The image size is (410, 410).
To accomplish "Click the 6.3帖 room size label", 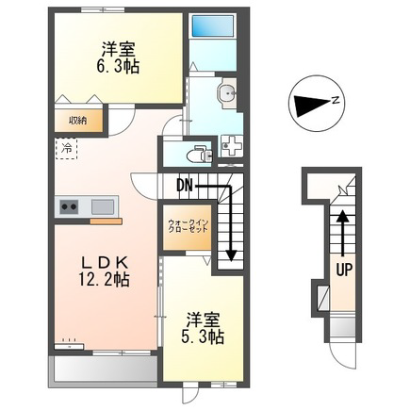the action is (118, 66).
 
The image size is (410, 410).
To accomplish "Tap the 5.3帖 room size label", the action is (202, 337).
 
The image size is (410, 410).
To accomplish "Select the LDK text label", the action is (105, 262).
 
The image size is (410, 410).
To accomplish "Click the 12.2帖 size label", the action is (104, 279).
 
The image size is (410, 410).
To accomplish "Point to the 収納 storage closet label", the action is (78, 121).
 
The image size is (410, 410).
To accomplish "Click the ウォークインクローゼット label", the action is (188, 226).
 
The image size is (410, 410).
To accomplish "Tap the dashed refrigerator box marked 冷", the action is (66, 148).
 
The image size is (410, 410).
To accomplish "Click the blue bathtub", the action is (213, 25).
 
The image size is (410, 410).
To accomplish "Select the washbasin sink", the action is (226, 92).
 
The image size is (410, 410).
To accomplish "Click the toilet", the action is (199, 154).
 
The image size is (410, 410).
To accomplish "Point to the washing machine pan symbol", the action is (231, 146).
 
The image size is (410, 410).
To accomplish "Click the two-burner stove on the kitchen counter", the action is (69, 206).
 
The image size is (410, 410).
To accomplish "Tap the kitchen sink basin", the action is (103, 206).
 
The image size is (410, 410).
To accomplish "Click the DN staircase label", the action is (185, 186).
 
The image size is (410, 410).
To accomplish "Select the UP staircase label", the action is (344, 270).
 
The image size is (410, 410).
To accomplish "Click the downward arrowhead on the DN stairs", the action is (231, 254).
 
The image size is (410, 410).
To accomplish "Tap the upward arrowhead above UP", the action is (343, 216).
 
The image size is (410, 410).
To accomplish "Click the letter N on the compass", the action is (336, 101).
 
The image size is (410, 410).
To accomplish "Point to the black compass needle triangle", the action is (312, 103).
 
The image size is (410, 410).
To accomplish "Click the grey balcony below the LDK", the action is (104, 369).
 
